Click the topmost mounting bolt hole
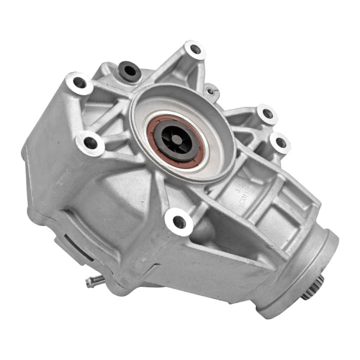(195, 50)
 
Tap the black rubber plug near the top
(130, 71)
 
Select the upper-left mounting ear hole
(79, 83)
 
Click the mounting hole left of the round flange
(91, 142)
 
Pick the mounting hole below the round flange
(179, 222)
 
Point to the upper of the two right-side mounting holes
(267, 114)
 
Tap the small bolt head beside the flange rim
(210, 92)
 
